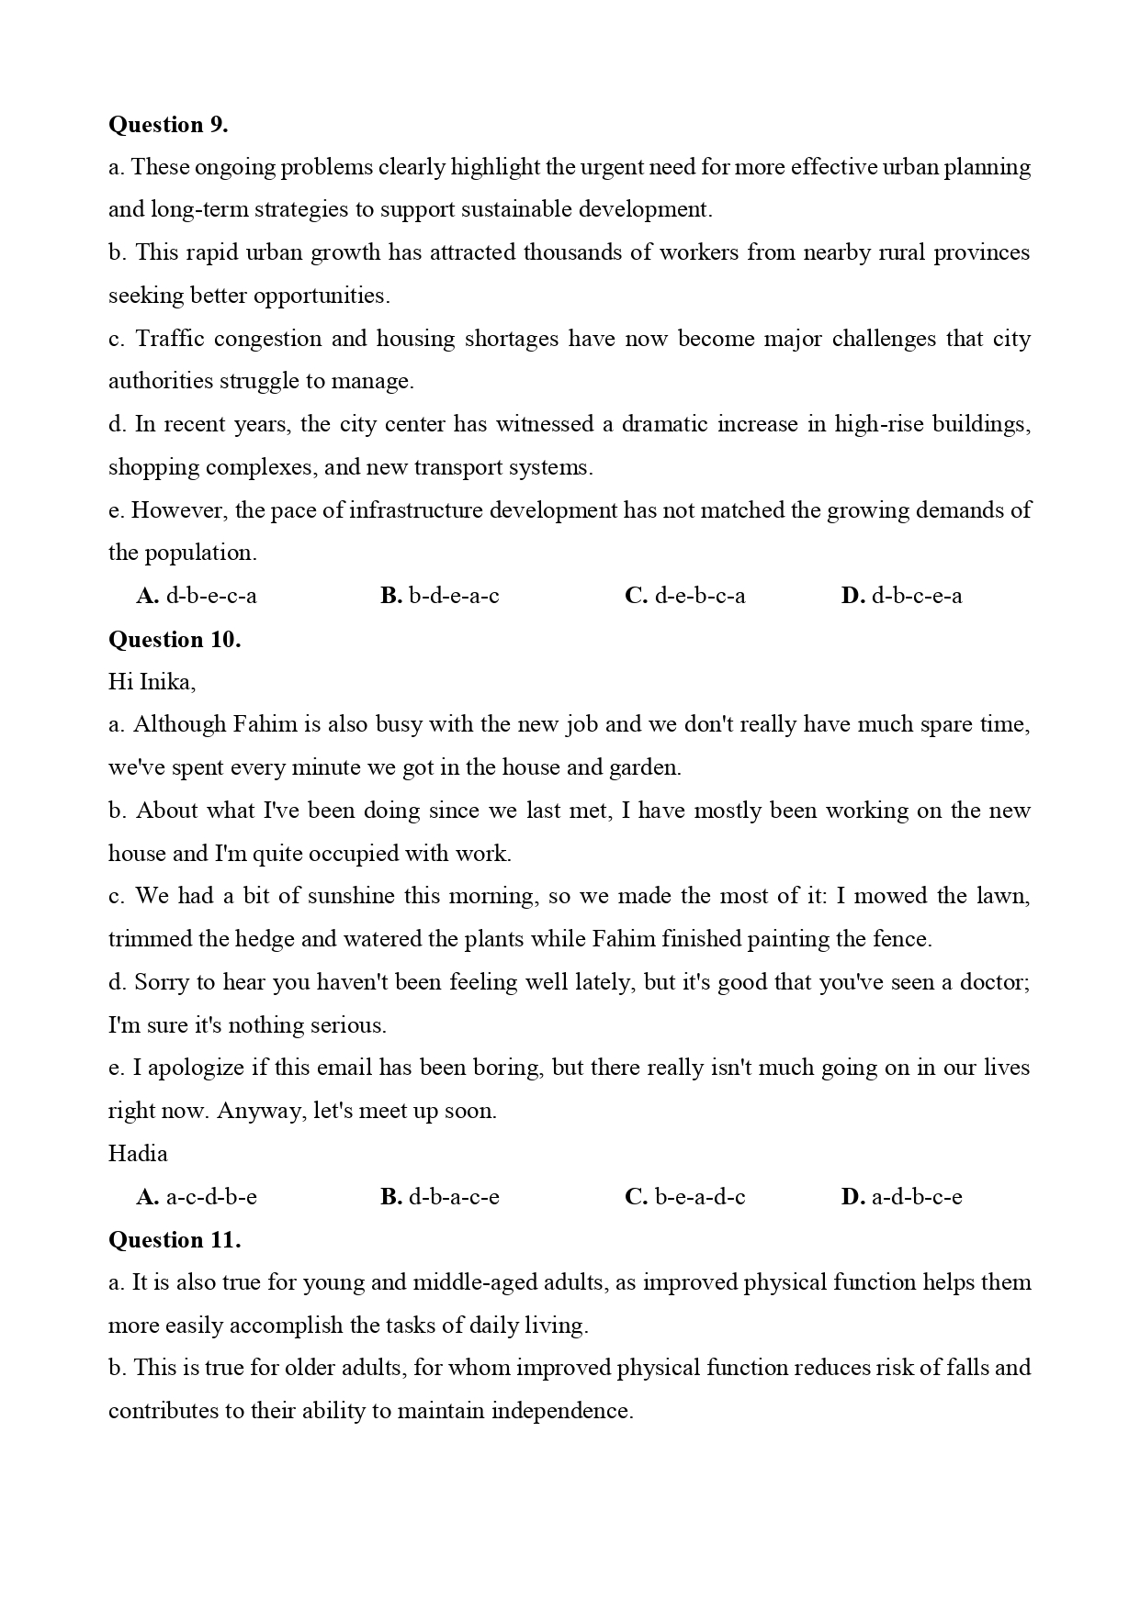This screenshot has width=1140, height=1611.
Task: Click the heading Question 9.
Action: tap(168, 125)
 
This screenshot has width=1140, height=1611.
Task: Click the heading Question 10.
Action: tap(175, 640)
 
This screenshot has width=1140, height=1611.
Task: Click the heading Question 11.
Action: tap(175, 1240)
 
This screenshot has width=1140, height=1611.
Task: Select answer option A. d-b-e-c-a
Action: tap(197, 596)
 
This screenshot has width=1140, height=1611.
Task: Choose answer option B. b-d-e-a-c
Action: tap(440, 596)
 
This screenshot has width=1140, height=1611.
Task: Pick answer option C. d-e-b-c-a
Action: tap(685, 596)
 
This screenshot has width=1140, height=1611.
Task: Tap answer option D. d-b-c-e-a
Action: tap(902, 596)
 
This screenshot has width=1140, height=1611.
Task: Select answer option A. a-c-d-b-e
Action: tap(197, 1197)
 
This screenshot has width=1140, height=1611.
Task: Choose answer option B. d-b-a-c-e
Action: tap(440, 1197)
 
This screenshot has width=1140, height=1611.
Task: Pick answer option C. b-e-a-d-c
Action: tap(685, 1197)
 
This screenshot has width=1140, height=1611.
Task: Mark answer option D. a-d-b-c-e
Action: tap(902, 1197)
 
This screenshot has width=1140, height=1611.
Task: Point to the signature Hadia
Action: tap(138, 1154)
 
